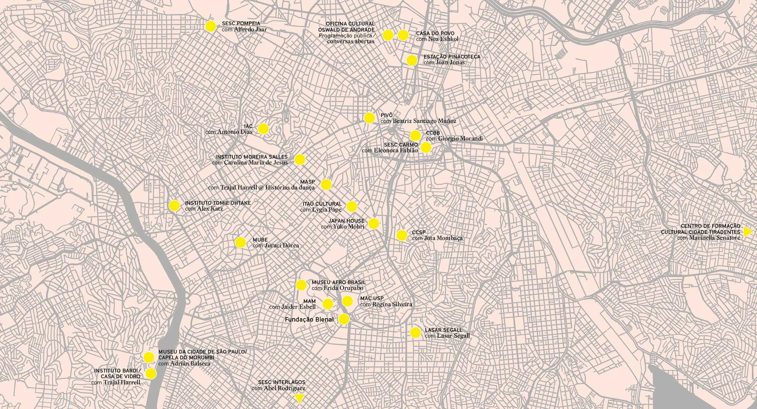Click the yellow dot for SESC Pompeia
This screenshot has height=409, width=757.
tap(210, 26)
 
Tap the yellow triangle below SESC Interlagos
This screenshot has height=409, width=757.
tap(299, 398)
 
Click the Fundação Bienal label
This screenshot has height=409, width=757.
tap(309, 320)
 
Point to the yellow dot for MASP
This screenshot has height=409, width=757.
tap(326, 185)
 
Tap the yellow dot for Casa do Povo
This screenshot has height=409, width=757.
tap(403, 35)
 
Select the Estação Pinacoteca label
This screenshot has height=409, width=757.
tap(452, 57)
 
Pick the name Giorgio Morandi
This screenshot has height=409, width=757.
tap(460, 139)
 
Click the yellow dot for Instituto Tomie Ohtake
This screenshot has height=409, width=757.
tap(174, 205)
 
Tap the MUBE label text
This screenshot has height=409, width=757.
tap(260, 240)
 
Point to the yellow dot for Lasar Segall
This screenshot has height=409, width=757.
tap(416, 333)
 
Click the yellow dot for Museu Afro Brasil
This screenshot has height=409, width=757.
tap(301, 285)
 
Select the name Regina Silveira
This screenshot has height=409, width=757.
tap(392, 304)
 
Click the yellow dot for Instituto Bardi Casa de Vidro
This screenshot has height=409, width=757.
tap(151, 374)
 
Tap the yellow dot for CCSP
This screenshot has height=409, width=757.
tap(402, 235)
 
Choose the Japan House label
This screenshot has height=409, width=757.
tap(346, 221)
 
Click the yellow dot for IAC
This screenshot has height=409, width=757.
tap(263, 129)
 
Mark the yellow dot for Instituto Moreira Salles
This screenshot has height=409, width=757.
tap(300, 160)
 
